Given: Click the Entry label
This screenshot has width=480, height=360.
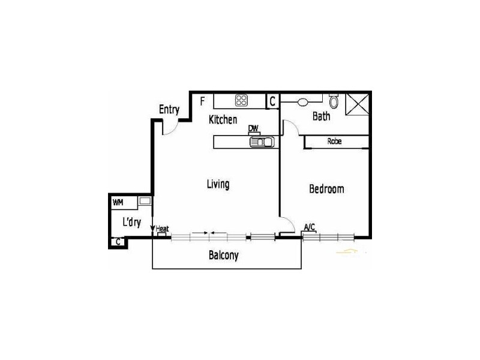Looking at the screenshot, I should click(169, 109).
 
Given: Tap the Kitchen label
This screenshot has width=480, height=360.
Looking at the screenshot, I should click(223, 120).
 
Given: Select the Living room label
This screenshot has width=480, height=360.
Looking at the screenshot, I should click(218, 184).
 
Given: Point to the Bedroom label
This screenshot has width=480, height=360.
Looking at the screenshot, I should click(326, 189).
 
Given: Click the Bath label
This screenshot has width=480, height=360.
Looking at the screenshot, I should click(321, 116).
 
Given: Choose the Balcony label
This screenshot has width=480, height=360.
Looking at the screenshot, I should click(223, 256).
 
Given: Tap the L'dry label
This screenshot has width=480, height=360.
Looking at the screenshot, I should click(131, 222).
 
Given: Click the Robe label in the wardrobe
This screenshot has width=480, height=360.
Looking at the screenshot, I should click(335, 142).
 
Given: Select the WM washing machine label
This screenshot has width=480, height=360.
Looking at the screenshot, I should click(118, 202).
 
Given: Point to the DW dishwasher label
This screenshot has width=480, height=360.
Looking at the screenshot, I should click(254, 128).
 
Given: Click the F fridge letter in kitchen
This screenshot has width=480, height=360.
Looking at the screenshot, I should click(203, 100).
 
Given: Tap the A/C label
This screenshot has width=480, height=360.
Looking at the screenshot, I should click(310, 227).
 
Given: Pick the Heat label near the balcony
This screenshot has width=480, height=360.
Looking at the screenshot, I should click(162, 229).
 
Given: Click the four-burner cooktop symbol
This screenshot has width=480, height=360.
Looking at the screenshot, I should click(241, 100).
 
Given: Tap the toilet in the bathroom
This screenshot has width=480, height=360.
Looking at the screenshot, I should click(334, 101).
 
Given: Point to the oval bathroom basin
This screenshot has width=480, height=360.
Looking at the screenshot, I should click(302, 101).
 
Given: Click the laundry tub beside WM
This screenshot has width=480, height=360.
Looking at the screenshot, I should click(145, 202).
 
